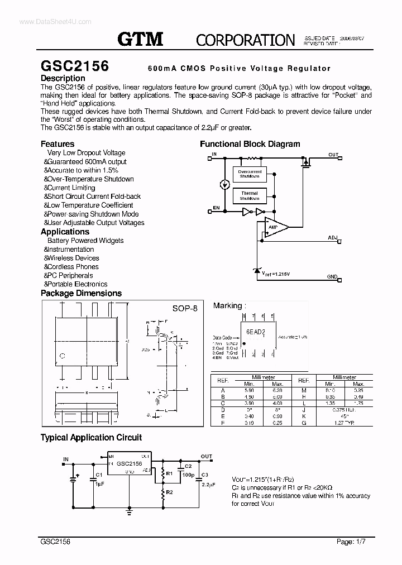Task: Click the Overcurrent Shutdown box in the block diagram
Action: tap(250, 174)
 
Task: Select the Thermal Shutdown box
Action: tap(250, 196)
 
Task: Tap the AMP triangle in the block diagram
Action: tap(275, 227)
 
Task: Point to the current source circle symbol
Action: tap(224, 185)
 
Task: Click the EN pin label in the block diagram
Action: tap(216, 208)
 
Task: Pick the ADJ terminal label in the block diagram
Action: tap(333, 238)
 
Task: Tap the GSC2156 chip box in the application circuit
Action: tap(129, 464)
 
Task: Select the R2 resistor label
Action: tap(170, 492)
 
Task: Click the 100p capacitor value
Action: tap(188, 475)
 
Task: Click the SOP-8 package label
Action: tap(185, 308)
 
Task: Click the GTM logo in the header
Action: tap(140, 39)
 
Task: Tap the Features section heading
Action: tap(58, 143)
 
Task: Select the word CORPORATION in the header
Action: tap(245, 40)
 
